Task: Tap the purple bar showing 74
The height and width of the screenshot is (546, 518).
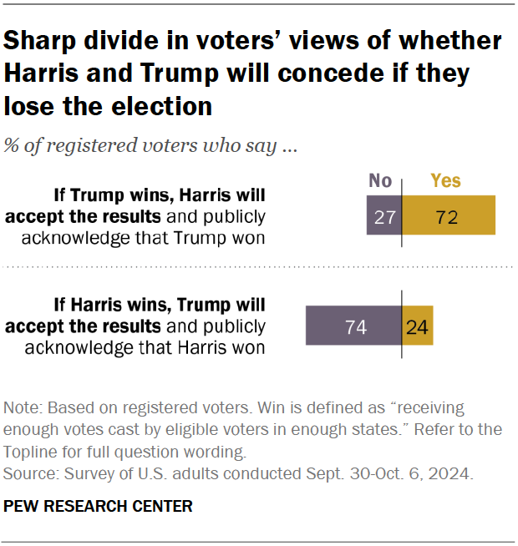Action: click(x=354, y=326)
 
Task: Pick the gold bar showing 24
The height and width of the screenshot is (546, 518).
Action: click(x=418, y=326)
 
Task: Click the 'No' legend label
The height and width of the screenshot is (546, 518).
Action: click(x=380, y=181)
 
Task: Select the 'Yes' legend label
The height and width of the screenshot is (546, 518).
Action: click(x=445, y=181)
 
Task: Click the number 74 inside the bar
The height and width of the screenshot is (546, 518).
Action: click(x=356, y=326)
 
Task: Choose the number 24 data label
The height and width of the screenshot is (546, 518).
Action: click(x=417, y=326)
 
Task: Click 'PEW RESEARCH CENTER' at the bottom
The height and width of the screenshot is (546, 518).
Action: click(x=98, y=506)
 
